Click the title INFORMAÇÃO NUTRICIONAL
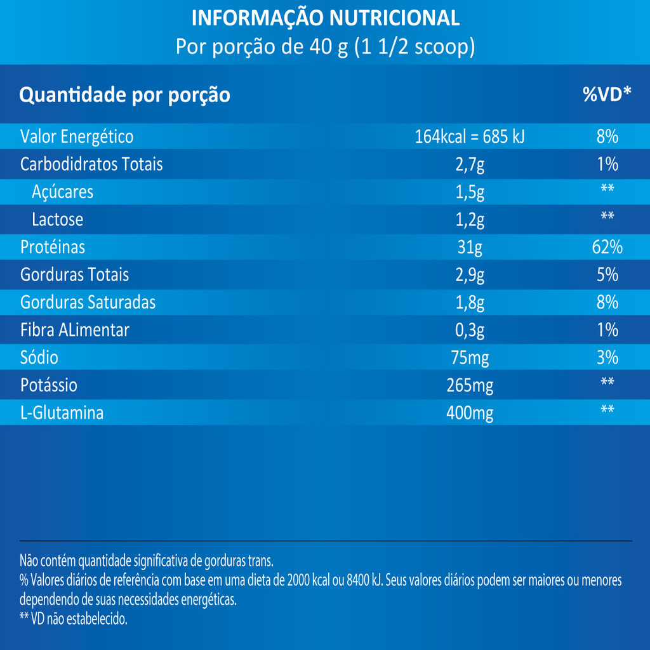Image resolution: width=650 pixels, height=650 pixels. (x=325, y=18)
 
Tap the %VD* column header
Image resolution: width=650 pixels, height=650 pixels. (x=607, y=95)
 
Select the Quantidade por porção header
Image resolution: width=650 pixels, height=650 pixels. (x=125, y=96)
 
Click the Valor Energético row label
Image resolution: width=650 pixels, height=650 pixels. (x=77, y=136)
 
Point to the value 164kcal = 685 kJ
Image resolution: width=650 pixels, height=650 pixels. (x=470, y=136)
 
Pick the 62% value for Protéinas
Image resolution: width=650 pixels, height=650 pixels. (x=607, y=247)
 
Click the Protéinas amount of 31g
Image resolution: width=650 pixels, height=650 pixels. (x=470, y=248)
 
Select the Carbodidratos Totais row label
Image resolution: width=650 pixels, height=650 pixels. (x=91, y=164)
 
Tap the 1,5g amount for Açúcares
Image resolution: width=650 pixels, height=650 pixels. (x=470, y=192)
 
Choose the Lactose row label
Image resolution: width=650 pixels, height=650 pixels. (x=57, y=220)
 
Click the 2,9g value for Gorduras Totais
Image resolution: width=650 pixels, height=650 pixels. (x=470, y=275)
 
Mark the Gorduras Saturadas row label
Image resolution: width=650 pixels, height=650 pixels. (x=88, y=303)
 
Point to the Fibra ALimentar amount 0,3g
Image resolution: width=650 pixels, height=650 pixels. (x=470, y=330)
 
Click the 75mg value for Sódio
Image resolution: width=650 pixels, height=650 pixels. (x=470, y=358)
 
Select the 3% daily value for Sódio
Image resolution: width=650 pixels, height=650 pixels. (x=607, y=357)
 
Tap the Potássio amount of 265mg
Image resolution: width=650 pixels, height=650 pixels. (x=470, y=385)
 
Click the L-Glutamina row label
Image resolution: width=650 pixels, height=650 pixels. (x=62, y=413)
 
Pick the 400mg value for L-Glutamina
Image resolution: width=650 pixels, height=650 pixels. (x=470, y=413)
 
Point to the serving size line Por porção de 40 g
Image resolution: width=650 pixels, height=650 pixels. (x=325, y=48)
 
